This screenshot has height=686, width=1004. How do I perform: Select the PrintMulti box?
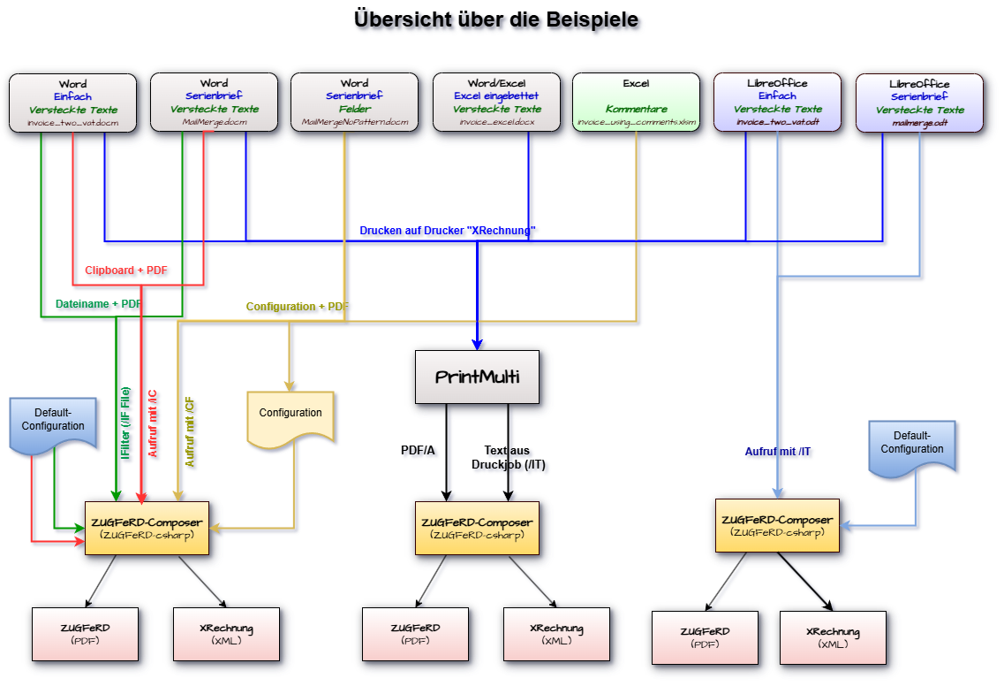click(x=477, y=377)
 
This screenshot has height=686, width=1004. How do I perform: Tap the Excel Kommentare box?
click(x=636, y=103)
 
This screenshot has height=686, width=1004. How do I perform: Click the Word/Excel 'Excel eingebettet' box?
click(x=496, y=103)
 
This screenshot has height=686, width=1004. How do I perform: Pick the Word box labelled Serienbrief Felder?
click(x=354, y=103)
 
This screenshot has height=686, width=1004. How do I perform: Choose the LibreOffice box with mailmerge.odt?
click(x=918, y=103)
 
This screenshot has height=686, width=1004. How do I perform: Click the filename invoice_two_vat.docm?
click(x=72, y=123)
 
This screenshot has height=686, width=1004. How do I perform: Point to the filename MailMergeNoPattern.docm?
click(x=355, y=123)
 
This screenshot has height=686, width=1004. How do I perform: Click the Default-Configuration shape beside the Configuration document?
click(x=53, y=423)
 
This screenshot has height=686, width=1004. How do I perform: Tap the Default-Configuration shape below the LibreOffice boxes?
click(x=911, y=446)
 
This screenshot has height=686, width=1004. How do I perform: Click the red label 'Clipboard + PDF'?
click(x=127, y=270)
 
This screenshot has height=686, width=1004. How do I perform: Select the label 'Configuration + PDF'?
click(x=298, y=307)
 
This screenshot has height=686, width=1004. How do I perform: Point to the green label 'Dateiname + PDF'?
click(x=97, y=304)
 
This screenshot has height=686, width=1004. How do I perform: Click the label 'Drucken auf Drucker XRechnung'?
click(x=449, y=231)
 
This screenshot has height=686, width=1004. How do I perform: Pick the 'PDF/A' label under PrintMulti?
click(x=419, y=452)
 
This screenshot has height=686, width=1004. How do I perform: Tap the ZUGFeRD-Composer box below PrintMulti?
click(x=477, y=528)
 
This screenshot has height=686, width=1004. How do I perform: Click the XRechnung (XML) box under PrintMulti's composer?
click(x=556, y=634)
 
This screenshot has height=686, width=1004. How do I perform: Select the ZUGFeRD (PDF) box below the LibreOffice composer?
click(x=705, y=637)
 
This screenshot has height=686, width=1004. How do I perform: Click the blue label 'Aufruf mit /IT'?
click(x=778, y=452)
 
